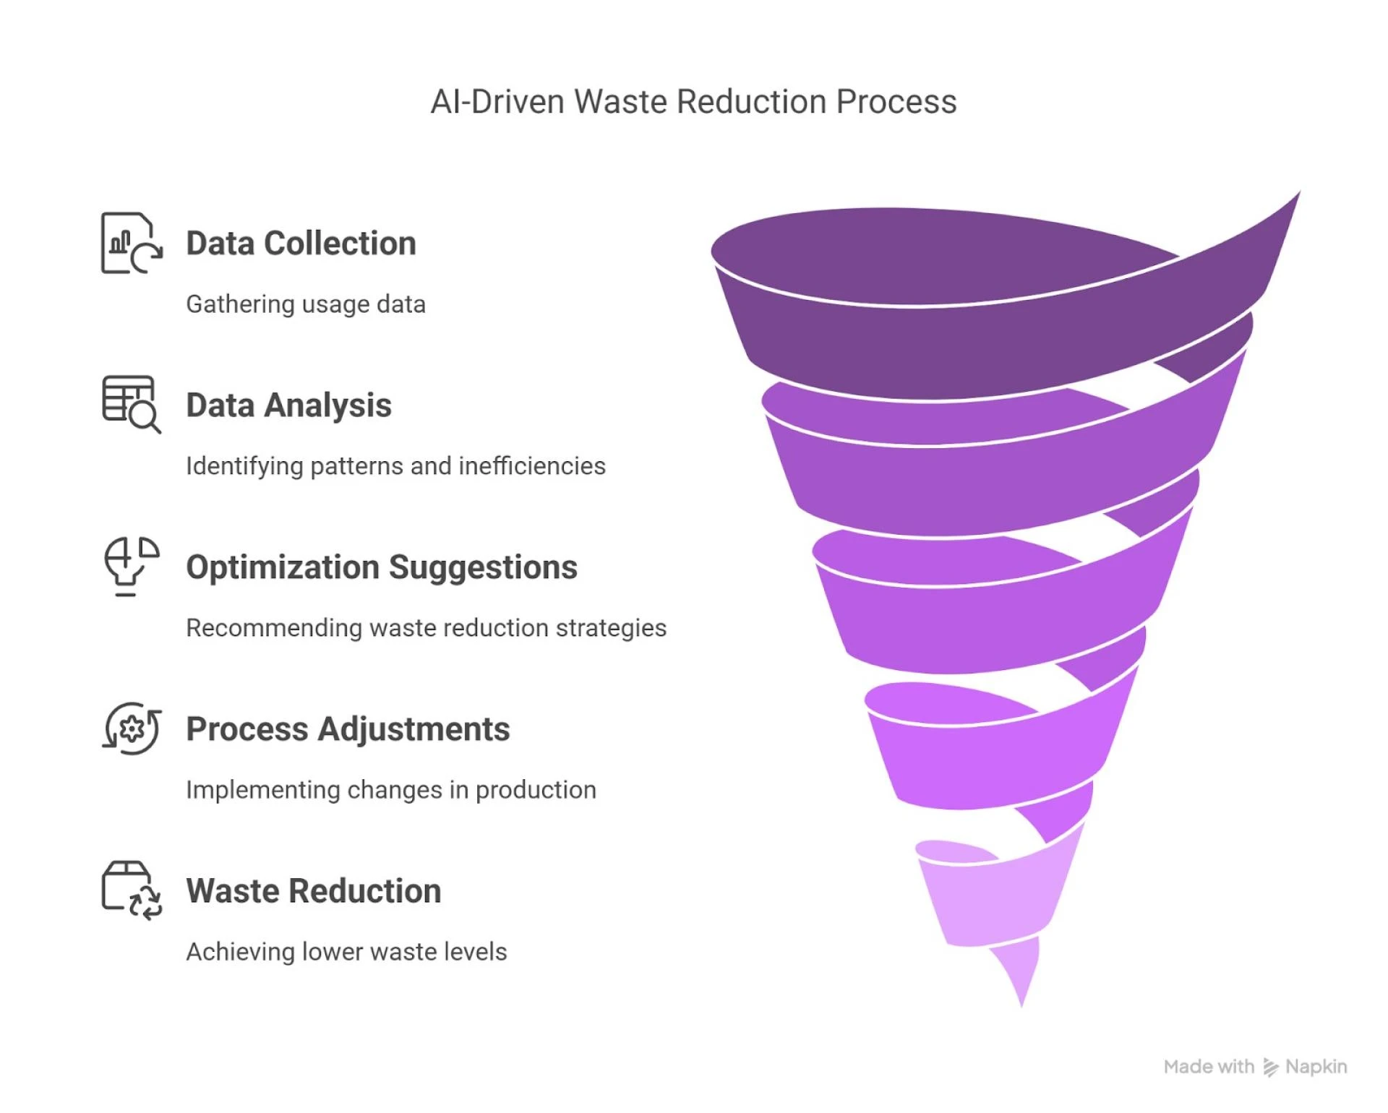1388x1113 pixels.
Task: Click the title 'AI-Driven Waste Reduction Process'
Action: [693, 102]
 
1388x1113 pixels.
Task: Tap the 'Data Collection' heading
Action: [301, 244]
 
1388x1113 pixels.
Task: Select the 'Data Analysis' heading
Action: [288, 405]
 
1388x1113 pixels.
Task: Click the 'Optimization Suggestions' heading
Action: [382, 567]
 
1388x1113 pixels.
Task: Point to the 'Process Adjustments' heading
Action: [348, 729]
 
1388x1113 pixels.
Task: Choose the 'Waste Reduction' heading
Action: [314, 891]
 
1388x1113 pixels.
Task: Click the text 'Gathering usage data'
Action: [306, 304]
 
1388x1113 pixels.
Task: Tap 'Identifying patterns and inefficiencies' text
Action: [395, 466]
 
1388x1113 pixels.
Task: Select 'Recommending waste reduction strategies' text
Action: [426, 628]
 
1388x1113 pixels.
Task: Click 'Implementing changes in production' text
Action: [391, 790]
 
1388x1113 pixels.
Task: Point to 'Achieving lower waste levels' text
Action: [346, 952]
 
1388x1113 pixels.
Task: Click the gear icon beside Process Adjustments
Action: [132, 729]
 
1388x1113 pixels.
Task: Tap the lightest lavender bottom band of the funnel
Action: [990, 903]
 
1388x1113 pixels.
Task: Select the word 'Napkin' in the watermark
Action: [1316, 1067]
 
